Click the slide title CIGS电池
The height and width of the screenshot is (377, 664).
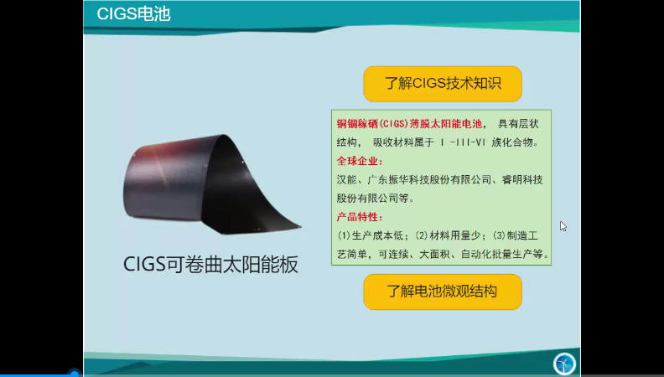(x=133, y=14)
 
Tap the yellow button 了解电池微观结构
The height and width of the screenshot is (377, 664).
(x=443, y=292)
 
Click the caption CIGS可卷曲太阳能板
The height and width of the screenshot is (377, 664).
(x=211, y=264)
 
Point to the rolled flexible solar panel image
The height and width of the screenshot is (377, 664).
(x=212, y=184)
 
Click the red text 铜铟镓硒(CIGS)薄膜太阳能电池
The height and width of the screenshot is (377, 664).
(x=409, y=124)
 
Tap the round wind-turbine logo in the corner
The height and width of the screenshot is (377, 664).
(x=564, y=364)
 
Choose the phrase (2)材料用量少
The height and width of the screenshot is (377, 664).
(x=449, y=236)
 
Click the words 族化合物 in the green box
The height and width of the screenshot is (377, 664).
(x=511, y=142)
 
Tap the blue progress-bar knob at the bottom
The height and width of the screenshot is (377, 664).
(x=75, y=374)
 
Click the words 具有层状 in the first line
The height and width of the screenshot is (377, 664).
(x=519, y=124)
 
